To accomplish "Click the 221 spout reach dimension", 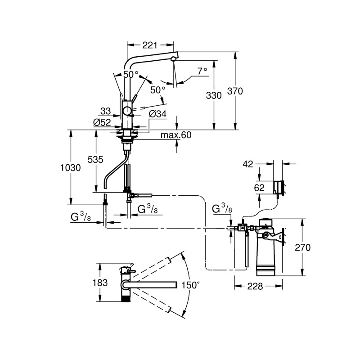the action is tap(150, 45).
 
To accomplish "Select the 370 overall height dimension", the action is tap(235, 91).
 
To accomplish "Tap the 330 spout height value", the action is tap(214, 95).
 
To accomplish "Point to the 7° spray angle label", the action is tap(202, 71).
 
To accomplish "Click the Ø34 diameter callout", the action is tap(158, 114).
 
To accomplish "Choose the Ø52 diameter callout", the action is tap(102, 122).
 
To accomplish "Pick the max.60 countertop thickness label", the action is tap(176, 135).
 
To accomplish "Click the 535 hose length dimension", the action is tap(95, 160).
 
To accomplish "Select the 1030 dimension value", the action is tap(71, 168).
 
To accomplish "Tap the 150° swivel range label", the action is tap(190, 285).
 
